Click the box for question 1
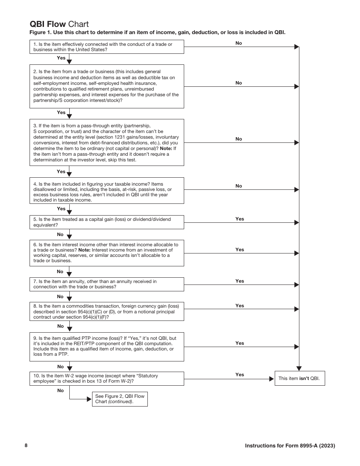[x=107, y=47]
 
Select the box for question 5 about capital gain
[x=107, y=222]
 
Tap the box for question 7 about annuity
[x=107, y=284]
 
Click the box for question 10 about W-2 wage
[x=107, y=378]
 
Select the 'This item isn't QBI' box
[x=299, y=378]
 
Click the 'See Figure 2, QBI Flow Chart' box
[x=120, y=399]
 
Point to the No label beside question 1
[x=238, y=43]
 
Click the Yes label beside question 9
[x=239, y=343]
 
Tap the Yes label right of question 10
[x=239, y=375]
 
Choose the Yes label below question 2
[x=61, y=113]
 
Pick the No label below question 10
[x=61, y=391]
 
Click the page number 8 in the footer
[x=26, y=446]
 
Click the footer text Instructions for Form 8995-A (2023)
[x=290, y=446]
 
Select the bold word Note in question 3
[x=166, y=149]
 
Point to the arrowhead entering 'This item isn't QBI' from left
[x=271, y=379]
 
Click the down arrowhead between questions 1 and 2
[x=69, y=61]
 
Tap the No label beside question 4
[x=238, y=186]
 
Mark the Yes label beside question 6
[x=239, y=250]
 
